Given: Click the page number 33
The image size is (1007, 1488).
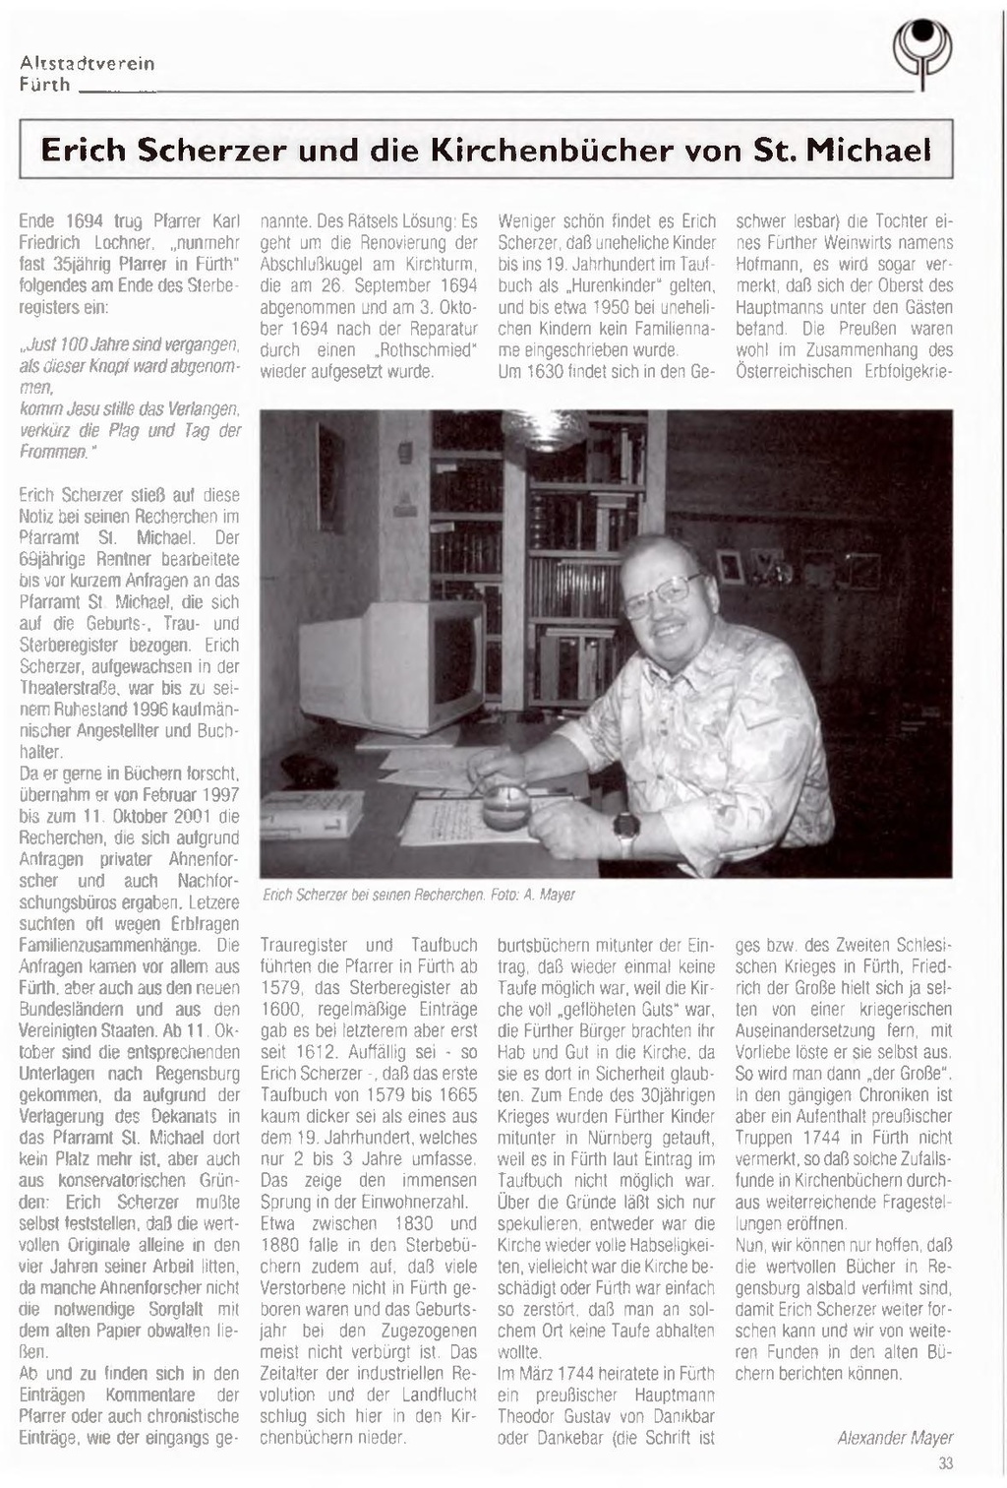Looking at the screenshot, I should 945,1463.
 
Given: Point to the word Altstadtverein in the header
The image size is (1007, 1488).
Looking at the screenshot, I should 87,63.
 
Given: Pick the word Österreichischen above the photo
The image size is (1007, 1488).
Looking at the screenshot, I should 794,372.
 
